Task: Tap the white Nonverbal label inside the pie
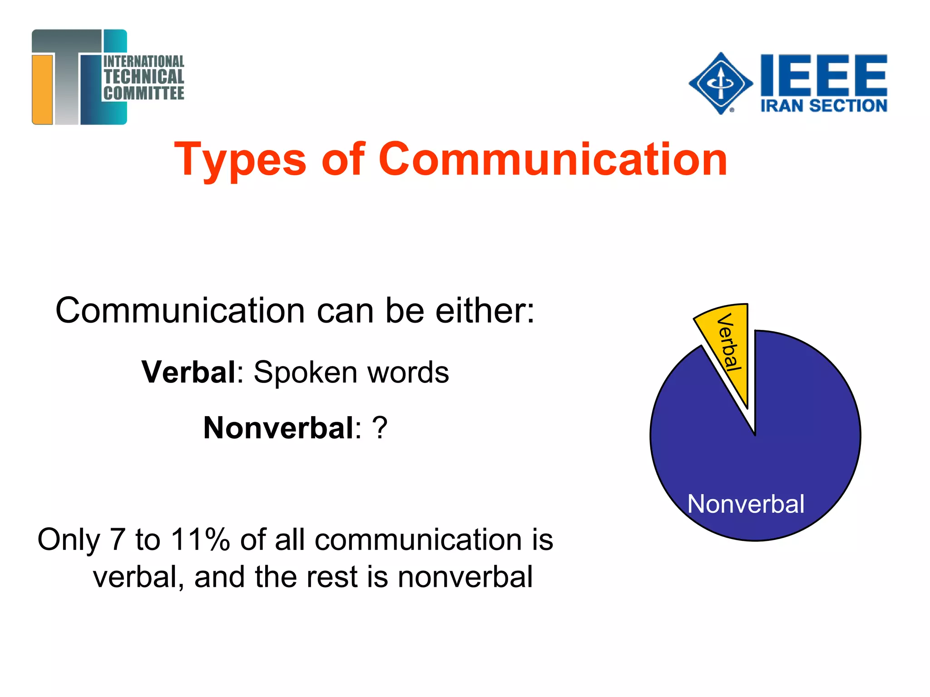(746, 504)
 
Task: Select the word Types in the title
(240, 160)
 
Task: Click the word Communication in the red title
(553, 159)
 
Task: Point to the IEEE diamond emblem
(720, 83)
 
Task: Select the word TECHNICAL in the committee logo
(144, 77)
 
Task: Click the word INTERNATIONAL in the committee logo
(144, 61)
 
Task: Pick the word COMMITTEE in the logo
(144, 93)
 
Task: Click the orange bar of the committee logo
(43, 89)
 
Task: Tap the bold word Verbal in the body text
(188, 372)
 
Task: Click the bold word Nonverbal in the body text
(278, 428)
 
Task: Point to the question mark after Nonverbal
(380, 428)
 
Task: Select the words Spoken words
(351, 372)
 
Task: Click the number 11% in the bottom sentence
(200, 540)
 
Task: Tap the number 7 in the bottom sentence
(117, 540)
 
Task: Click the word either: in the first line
(485, 311)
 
